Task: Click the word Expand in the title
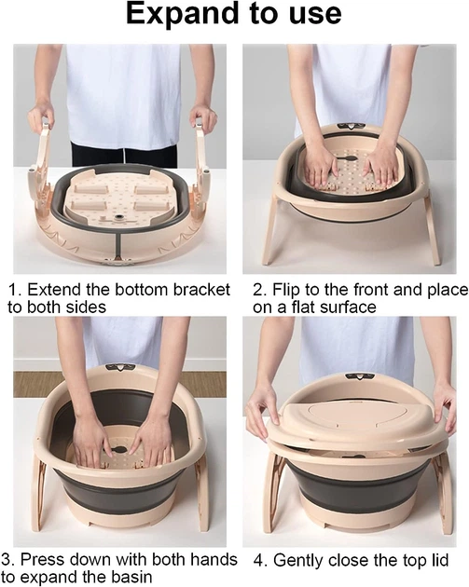point(182,14)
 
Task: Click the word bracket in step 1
point(202,290)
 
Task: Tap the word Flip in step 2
point(285,291)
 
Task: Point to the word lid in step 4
point(437,560)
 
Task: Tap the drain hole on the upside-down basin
point(120,217)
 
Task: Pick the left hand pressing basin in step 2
point(319,166)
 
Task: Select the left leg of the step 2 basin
point(270,228)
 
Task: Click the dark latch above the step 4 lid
point(358,376)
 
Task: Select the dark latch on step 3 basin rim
point(120,367)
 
